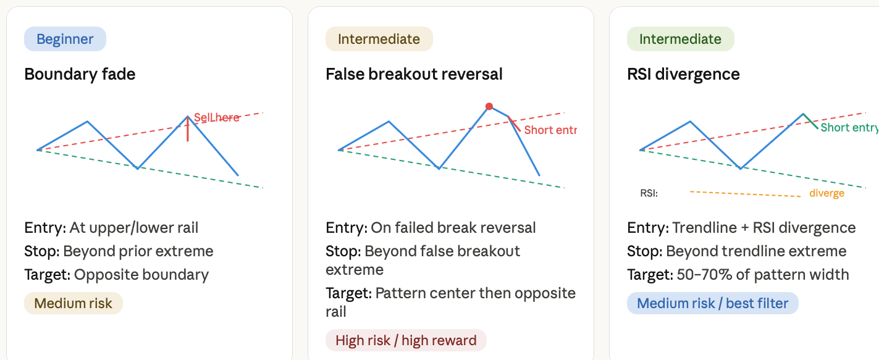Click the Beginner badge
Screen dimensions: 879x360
pos(65,39)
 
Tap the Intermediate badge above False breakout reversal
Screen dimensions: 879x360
pos(379,39)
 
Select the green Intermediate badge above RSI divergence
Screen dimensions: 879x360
pos(681,39)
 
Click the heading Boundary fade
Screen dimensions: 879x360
pos(80,74)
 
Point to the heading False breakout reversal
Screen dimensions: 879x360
pos(414,74)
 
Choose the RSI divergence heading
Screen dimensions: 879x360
pos(683,74)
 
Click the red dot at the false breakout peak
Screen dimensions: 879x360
pos(489,106)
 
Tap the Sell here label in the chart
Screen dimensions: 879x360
pos(217,117)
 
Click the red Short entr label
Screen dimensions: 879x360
pos(550,130)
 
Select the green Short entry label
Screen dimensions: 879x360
pos(849,127)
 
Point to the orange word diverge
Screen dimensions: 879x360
pos(827,193)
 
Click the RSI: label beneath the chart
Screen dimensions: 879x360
pos(649,193)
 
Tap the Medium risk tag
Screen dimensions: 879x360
pos(74,303)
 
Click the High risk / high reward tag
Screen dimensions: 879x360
pos(406,340)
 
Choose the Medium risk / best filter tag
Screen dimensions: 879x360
pos(713,303)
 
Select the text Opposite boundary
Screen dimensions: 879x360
pos(141,275)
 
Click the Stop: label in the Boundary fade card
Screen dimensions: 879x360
pos(42,251)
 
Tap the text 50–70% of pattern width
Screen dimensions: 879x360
pos(763,275)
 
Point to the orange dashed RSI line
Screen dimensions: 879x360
pos(746,194)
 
